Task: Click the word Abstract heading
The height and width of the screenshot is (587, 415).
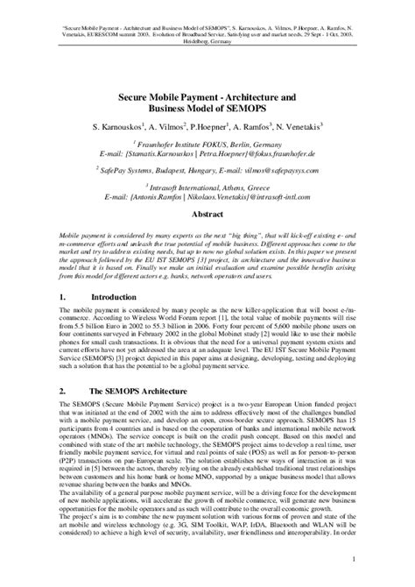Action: [207, 213]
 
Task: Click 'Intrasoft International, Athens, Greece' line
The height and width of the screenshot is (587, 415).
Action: [210, 186]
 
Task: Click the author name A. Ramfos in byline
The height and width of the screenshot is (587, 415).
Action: [257, 127]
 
